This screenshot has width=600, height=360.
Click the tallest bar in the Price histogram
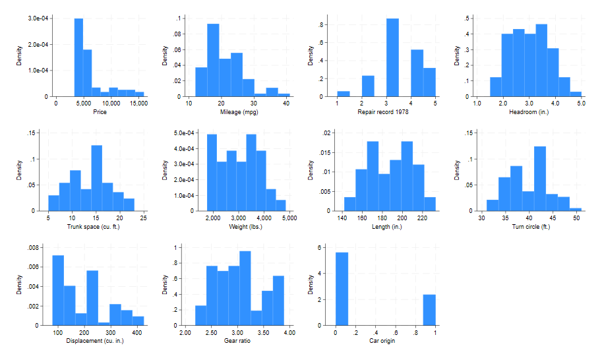click(78, 57)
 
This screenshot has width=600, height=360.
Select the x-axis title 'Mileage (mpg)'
click(240, 111)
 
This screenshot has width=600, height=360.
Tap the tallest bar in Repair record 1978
click(392, 57)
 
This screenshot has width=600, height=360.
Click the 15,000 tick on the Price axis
click(135, 104)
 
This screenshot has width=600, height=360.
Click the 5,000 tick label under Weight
click(289, 218)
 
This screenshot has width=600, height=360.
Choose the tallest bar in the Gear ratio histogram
click(245, 288)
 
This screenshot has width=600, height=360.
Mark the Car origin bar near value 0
click(342, 289)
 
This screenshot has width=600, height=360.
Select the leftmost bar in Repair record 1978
click(344, 94)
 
